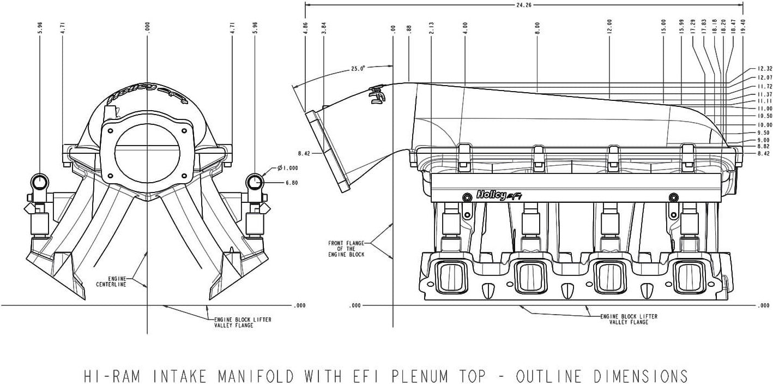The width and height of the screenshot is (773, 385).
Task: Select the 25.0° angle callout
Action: [358, 69]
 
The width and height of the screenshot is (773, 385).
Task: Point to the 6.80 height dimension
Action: [291, 183]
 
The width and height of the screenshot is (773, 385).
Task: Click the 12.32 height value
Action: [765, 69]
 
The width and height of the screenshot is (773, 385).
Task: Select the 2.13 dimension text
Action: [431, 28]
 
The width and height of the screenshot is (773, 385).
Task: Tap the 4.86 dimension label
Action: [305, 28]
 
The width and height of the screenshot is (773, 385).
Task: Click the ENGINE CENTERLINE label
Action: [111, 281]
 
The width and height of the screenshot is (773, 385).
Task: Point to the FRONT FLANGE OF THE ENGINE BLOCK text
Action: [346, 249]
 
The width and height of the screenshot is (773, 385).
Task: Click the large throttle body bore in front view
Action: [147, 147]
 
